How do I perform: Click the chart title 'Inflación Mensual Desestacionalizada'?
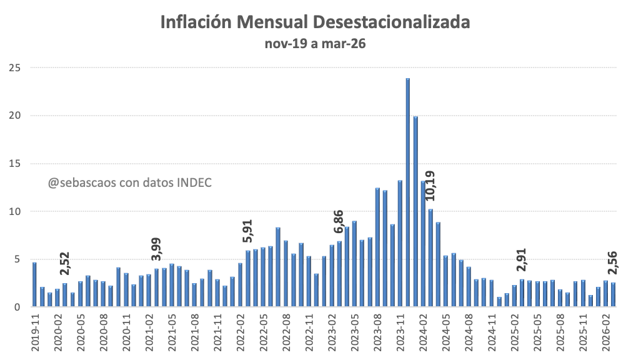pyautogui.click(x=315, y=22)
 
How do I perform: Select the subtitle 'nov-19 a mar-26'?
pyautogui.click(x=315, y=44)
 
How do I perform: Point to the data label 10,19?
pyautogui.click(x=430, y=186)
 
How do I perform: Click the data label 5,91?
pyautogui.click(x=247, y=231)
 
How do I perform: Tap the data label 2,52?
pyautogui.click(x=64, y=264)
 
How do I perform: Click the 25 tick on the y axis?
pyautogui.click(x=16, y=67)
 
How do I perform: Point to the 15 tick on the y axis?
pyautogui.click(x=16, y=163)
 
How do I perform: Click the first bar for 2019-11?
pyautogui.click(x=34, y=284)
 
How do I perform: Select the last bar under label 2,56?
pyautogui.click(x=613, y=295)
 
